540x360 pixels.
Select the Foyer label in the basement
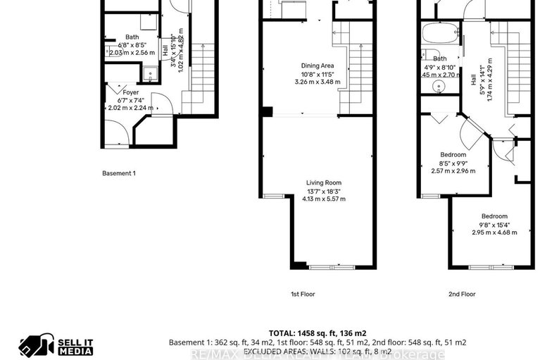click(x=130, y=92)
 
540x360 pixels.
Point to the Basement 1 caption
click(x=119, y=173)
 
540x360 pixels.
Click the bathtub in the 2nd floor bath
click(x=441, y=35)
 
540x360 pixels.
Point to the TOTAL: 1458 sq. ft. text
click(x=317, y=333)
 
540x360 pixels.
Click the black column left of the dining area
click(x=265, y=111)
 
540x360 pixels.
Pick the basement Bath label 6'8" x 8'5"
click(x=132, y=44)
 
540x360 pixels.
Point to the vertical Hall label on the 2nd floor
click(x=472, y=81)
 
